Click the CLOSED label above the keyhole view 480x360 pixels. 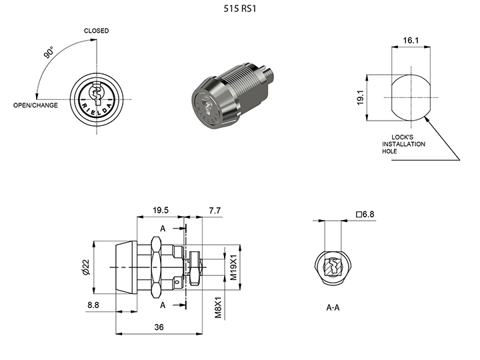point(96,31)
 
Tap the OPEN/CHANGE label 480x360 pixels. point(35,105)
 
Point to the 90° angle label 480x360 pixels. point(49,54)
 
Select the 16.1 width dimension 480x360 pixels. point(411,41)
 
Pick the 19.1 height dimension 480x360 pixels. point(360,98)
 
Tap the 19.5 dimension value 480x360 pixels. point(160,210)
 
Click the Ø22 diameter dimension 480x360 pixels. point(85,268)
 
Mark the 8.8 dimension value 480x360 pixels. point(93,305)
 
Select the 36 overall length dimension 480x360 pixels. point(158,327)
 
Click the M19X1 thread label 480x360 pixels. point(233,267)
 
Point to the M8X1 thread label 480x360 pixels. point(218,307)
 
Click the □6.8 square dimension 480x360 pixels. point(366,214)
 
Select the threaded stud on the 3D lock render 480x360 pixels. point(268,71)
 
